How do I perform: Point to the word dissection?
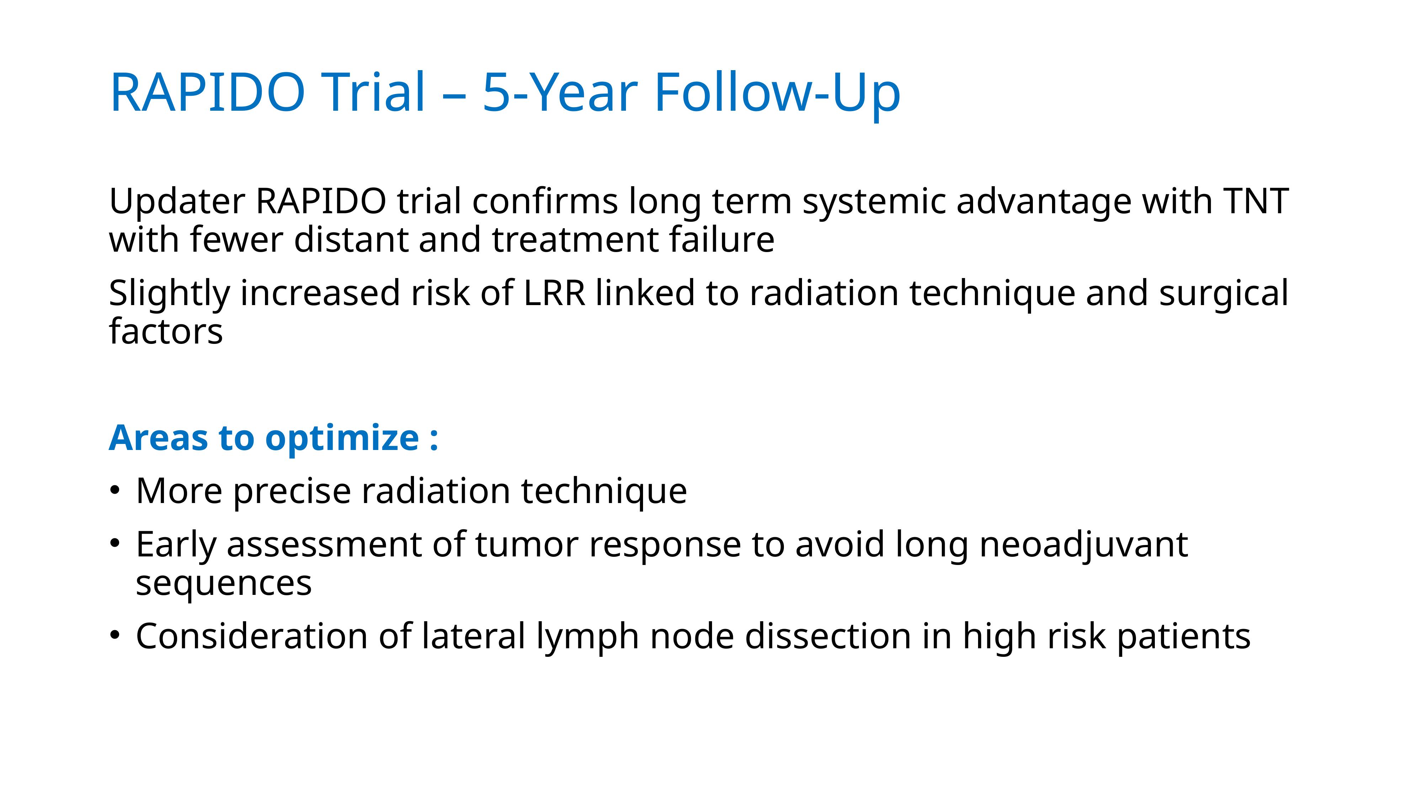pos(828,636)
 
